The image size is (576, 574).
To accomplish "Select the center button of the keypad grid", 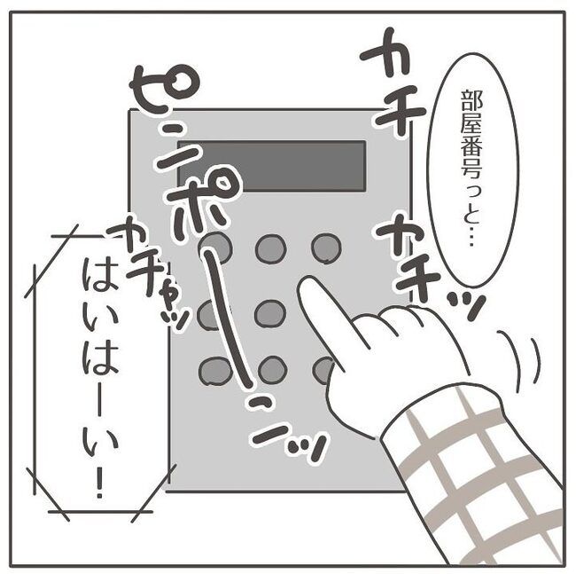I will (270, 313).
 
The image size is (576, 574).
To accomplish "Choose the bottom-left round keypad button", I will (215, 370).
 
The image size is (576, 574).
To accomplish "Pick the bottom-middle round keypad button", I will (272, 369).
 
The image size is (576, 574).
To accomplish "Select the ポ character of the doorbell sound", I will (211, 195).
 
